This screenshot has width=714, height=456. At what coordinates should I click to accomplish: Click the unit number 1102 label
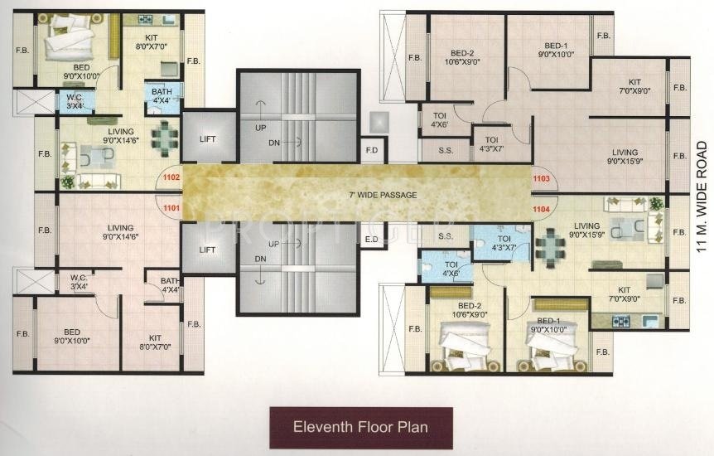coord(171,177)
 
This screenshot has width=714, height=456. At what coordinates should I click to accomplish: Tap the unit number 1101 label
coord(171,208)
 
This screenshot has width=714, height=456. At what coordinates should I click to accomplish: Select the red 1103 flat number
coord(542,179)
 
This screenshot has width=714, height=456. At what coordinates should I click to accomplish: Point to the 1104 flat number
coord(542,209)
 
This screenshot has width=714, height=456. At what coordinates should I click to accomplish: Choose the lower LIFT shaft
coord(208,248)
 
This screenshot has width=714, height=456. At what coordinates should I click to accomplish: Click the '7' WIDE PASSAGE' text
coord(383,195)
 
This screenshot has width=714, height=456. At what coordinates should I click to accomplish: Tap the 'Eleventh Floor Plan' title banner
coord(361,427)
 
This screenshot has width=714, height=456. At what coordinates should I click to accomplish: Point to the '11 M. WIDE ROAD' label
coord(702,197)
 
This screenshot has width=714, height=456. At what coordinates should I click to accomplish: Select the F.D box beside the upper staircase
coord(372,150)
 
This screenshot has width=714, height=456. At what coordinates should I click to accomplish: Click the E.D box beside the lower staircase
coord(372,240)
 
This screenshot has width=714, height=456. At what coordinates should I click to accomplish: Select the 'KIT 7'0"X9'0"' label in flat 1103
coord(634,86)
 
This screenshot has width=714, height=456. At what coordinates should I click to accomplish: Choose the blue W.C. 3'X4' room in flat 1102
coord(75,101)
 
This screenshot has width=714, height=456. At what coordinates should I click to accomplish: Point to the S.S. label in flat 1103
coord(446,150)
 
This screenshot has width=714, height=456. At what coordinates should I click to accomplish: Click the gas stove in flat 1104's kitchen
coord(621,322)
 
